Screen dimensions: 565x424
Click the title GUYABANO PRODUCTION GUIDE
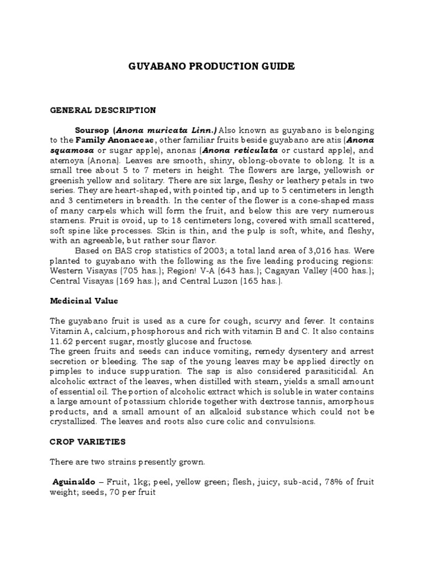[x=211, y=66]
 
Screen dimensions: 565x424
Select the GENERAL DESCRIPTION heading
[x=103, y=110]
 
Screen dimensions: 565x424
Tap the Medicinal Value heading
[x=84, y=301]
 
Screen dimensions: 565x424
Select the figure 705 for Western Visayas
[x=125, y=271]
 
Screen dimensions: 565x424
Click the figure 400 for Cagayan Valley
[x=334, y=271]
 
